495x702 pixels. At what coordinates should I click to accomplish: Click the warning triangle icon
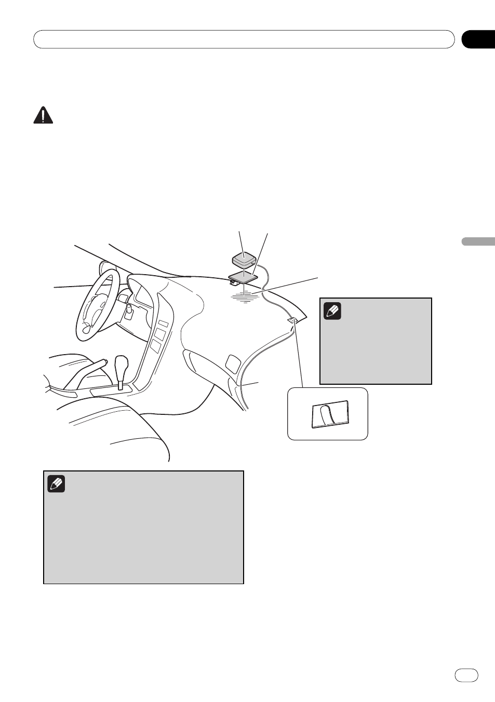[x=43, y=115]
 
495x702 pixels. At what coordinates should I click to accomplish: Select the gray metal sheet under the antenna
[x=244, y=276]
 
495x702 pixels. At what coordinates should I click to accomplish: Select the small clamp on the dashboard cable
[x=292, y=321]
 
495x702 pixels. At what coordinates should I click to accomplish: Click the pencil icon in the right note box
[x=332, y=311]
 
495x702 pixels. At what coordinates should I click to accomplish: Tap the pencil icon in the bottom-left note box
[x=56, y=484]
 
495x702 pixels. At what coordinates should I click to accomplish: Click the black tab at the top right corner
[x=478, y=39]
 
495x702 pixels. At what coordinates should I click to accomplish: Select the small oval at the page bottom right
[x=466, y=674]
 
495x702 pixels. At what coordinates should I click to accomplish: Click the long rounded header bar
[x=244, y=39]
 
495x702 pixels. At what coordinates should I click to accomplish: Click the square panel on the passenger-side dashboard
[x=234, y=362]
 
